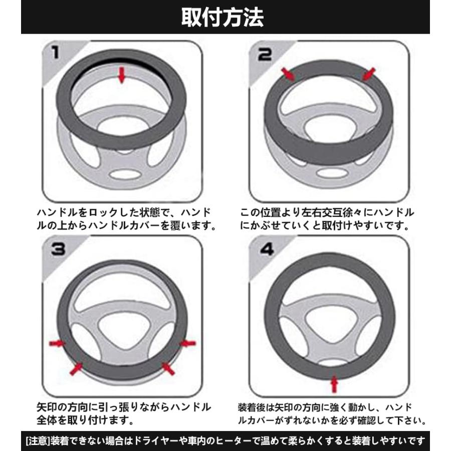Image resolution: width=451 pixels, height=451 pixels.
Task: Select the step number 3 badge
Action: tap(57, 249)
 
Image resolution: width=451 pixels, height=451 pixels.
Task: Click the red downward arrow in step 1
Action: tap(121, 76)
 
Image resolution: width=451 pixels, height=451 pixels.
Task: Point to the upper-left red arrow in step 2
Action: tap(288, 75)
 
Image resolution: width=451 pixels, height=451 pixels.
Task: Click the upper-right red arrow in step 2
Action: tap(368, 74)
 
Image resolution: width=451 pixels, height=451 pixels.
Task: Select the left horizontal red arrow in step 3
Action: tap(57, 343)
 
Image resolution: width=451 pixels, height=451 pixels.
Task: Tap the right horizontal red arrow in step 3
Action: tap(187, 343)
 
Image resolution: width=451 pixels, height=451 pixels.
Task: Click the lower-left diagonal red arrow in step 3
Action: tap(76, 368)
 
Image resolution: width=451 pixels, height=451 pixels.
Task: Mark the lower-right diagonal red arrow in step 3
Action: tap(168, 368)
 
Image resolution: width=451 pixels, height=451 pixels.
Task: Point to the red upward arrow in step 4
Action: tap(335, 385)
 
